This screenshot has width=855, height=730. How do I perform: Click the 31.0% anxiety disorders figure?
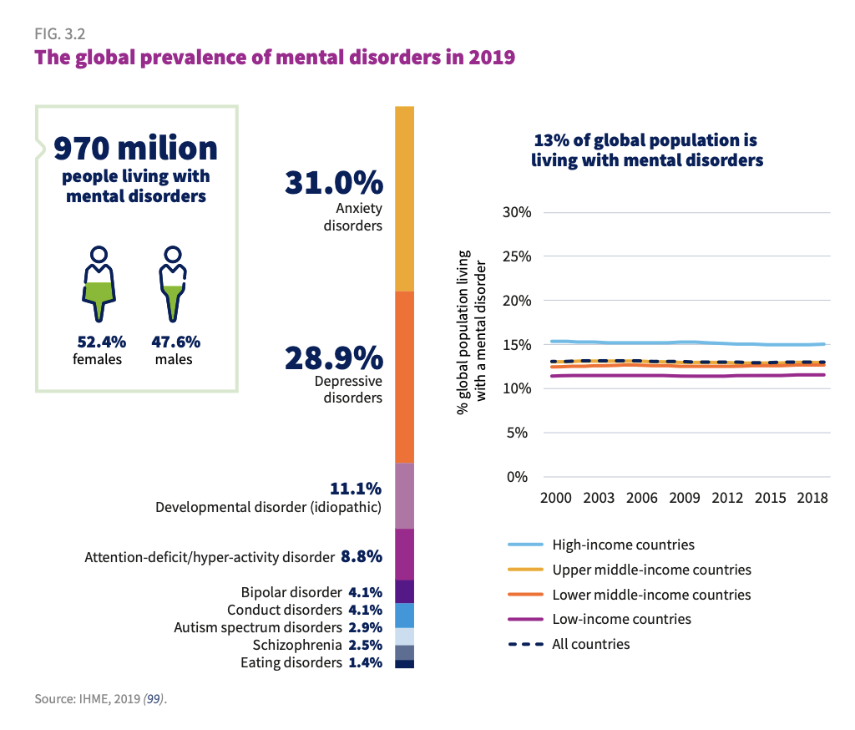pyautogui.click(x=334, y=183)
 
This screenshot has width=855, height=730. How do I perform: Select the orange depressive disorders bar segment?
pyautogui.click(x=405, y=377)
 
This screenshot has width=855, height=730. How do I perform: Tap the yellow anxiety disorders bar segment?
pyautogui.click(x=405, y=199)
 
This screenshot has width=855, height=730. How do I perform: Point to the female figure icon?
pyautogui.click(x=99, y=284)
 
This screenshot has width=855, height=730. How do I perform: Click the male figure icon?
pyautogui.click(x=173, y=284)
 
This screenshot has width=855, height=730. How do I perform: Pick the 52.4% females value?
pyautogui.click(x=101, y=342)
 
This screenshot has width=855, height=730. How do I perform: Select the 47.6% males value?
pyautogui.click(x=175, y=342)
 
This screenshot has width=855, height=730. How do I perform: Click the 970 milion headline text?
pyautogui.click(x=136, y=148)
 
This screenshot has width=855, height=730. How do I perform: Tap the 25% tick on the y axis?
pyautogui.click(x=516, y=256)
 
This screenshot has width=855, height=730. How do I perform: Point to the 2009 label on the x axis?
pyautogui.click(x=685, y=498)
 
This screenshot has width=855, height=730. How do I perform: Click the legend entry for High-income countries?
pyautogui.click(x=601, y=545)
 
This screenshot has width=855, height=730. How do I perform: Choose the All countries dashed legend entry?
pyautogui.click(x=569, y=644)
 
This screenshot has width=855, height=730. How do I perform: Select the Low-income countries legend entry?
pyautogui.click(x=600, y=619)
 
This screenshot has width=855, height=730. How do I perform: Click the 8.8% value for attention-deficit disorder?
pyautogui.click(x=362, y=556)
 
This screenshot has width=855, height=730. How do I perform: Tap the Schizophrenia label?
pyautogui.click(x=297, y=645)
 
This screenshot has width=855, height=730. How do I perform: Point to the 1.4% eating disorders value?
pyautogui.click(x=366, y=662)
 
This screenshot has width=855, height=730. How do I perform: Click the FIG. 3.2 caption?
pyautogui.click(x=60, y=33)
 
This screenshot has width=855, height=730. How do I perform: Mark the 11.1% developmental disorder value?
pyautogui.click(x=356, y=489)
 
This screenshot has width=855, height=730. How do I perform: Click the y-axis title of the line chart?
pyautogui.click(x=471, y=332)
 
